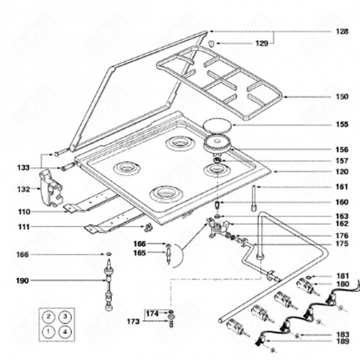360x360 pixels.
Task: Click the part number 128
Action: [342, 31]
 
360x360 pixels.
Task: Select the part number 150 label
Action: [342, 97]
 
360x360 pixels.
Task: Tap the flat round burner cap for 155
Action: [218, 126]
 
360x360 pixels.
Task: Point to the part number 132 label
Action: [24, 189]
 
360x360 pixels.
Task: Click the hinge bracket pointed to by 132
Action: [51, 188]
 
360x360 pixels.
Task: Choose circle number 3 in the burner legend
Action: [65, 317]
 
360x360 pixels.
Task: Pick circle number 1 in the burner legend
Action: [48, 332]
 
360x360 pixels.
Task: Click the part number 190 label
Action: [23, 281]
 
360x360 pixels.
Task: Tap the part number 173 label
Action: [133, 322]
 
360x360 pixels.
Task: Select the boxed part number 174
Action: [152, 313]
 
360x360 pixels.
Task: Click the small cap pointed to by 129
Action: [211, 43]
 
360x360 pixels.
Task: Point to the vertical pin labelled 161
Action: [254, 198]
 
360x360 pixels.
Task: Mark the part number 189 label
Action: [342, 342]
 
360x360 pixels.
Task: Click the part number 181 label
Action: [342, 276]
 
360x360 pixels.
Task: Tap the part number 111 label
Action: [24, 227]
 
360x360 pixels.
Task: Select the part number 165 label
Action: [139, 253]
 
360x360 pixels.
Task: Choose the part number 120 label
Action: [342, 172]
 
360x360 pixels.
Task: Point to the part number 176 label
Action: [342, 235]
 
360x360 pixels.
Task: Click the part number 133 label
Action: [24, 168]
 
